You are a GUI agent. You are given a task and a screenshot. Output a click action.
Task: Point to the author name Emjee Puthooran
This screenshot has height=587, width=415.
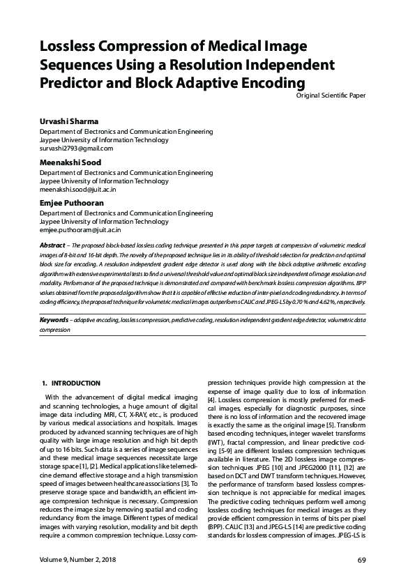72,203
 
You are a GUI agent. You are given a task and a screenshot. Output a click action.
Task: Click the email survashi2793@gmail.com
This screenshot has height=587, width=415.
76,148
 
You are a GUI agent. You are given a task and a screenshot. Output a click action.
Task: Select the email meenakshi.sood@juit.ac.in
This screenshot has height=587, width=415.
77,189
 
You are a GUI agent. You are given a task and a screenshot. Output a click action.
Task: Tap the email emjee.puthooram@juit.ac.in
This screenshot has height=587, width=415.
80,229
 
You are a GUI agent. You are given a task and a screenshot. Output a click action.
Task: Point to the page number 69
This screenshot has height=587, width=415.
361,561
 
